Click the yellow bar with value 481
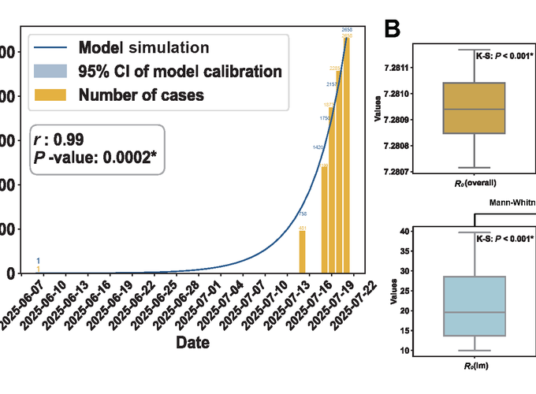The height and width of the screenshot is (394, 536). pyautogui.click(x=302, y=251)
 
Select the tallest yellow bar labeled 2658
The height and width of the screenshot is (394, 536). pyautogui.click(x=347, y=158)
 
